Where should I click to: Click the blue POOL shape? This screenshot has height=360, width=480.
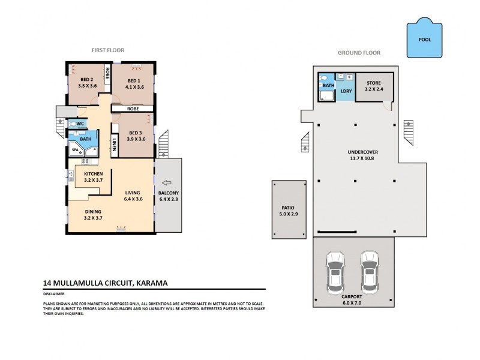pyautogui.click(x=424, y=40)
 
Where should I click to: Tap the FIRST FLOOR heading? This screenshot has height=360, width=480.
pyautogui.click(x=108, y=50)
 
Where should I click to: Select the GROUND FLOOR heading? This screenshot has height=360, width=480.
pyautogui.click(x=359, y=53)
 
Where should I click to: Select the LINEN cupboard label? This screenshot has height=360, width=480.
pyautogui.click(x=114, y=145)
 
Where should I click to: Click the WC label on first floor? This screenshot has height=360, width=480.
pyautogui.click(x=80, y=124)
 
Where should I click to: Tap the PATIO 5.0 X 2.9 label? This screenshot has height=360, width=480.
pyautogui.click(x=289, y=209)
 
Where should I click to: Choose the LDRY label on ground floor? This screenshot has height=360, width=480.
pyautogui.click(x=346, y=91)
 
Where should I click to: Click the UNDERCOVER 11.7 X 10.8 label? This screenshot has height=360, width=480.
pyautogui.click(x=356, y=155)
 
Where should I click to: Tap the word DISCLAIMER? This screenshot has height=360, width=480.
pyautogui.click(x=53, y=295)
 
